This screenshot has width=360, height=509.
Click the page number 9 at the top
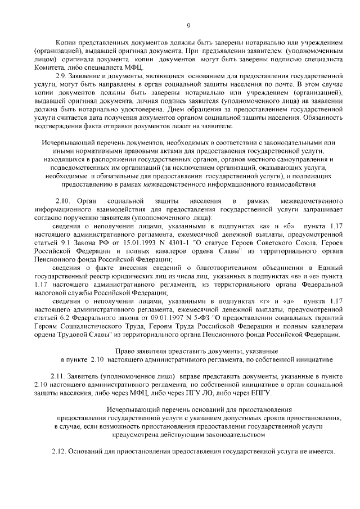tap(188, 25)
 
